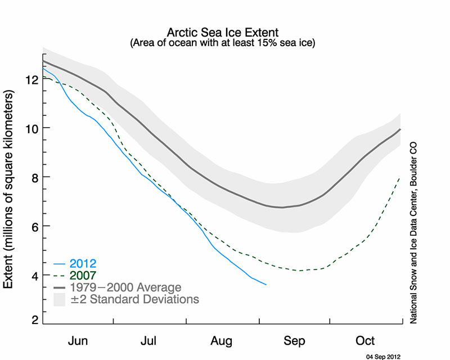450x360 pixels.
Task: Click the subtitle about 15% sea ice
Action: click(x=223, y=42)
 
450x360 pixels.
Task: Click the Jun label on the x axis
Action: click(x=78, y=341)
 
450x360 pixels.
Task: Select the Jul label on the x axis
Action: click(x=149, y=341)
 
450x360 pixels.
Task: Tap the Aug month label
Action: click(x=222, y=341)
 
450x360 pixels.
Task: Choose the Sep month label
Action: click(x=294, y=341)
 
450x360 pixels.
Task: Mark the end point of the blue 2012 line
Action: click(x=266, y=285)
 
